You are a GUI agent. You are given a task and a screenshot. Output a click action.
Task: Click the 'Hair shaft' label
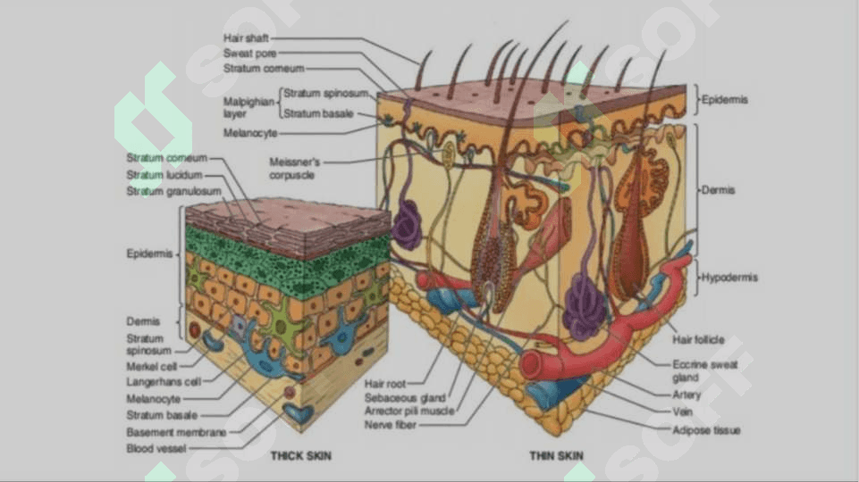(x=246, y=38)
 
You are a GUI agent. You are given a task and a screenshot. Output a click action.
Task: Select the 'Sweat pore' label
(x=249, y=54)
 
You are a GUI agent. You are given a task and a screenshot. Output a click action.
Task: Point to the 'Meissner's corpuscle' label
(x=294, y=169)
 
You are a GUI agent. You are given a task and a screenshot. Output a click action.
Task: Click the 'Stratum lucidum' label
(x=164, y=175)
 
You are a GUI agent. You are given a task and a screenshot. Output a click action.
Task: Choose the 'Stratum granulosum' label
(x=173, y=192)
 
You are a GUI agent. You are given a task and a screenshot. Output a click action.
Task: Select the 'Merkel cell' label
(x=152, y=367)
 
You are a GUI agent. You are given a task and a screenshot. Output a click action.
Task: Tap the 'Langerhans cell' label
(x=164, y=382)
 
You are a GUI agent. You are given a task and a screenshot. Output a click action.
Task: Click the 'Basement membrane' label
(x=176, y=432)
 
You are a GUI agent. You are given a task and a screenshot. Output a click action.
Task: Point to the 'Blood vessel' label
(x=156, y=449)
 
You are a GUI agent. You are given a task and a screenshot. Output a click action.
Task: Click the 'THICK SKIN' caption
(x=300, y=456)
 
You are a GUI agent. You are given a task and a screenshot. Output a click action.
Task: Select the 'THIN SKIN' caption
(x=556, y=456)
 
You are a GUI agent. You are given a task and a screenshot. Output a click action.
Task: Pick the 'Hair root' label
(x=385, y=384)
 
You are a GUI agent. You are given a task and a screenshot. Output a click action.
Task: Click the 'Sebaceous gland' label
(x=405, y=398)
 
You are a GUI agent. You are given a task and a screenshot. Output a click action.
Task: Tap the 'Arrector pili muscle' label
(x=409, y=411)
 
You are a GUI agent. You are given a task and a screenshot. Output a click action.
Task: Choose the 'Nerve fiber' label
(x=390, y=425)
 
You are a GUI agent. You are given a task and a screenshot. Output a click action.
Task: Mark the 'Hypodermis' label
(x=729, y=278)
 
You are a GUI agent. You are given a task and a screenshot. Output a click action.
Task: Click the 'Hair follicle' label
(x=698, y=340)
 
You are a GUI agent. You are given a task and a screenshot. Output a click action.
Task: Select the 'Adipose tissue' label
(x=706, y=430)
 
